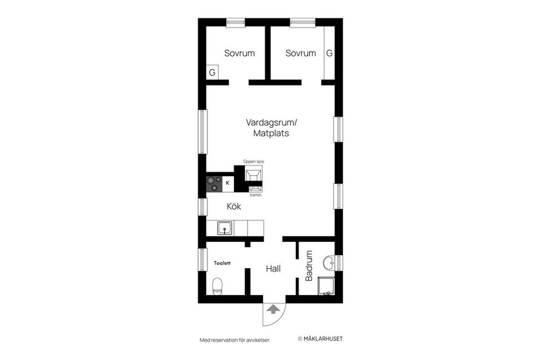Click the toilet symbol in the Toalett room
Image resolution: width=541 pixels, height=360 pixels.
[217, 286]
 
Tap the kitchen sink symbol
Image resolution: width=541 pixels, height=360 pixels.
[225, 228]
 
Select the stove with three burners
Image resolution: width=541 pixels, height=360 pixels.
[214, 183]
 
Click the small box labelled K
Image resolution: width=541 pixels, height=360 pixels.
[228, 183]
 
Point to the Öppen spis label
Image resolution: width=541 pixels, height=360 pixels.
[253, 161]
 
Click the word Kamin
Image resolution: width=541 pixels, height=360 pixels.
[255, 195]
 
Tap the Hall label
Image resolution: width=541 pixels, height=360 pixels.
[273, 269]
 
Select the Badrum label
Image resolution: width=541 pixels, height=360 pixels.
[309, 266]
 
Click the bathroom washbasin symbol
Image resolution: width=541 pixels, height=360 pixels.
[329, 263]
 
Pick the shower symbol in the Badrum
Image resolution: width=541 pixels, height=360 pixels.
[326, 287]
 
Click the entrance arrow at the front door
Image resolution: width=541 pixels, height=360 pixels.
[273, 309]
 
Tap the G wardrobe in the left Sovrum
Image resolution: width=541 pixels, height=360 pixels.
[212, 73]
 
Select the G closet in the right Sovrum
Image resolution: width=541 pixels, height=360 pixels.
[329, 54]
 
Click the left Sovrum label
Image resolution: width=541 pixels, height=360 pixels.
[240, 54]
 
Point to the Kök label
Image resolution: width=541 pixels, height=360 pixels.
[234, 207]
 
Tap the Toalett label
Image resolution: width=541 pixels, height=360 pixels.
[222, 263]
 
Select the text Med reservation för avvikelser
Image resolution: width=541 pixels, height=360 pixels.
[234, 340]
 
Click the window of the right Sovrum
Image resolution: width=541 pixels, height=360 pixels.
[303, 23]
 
